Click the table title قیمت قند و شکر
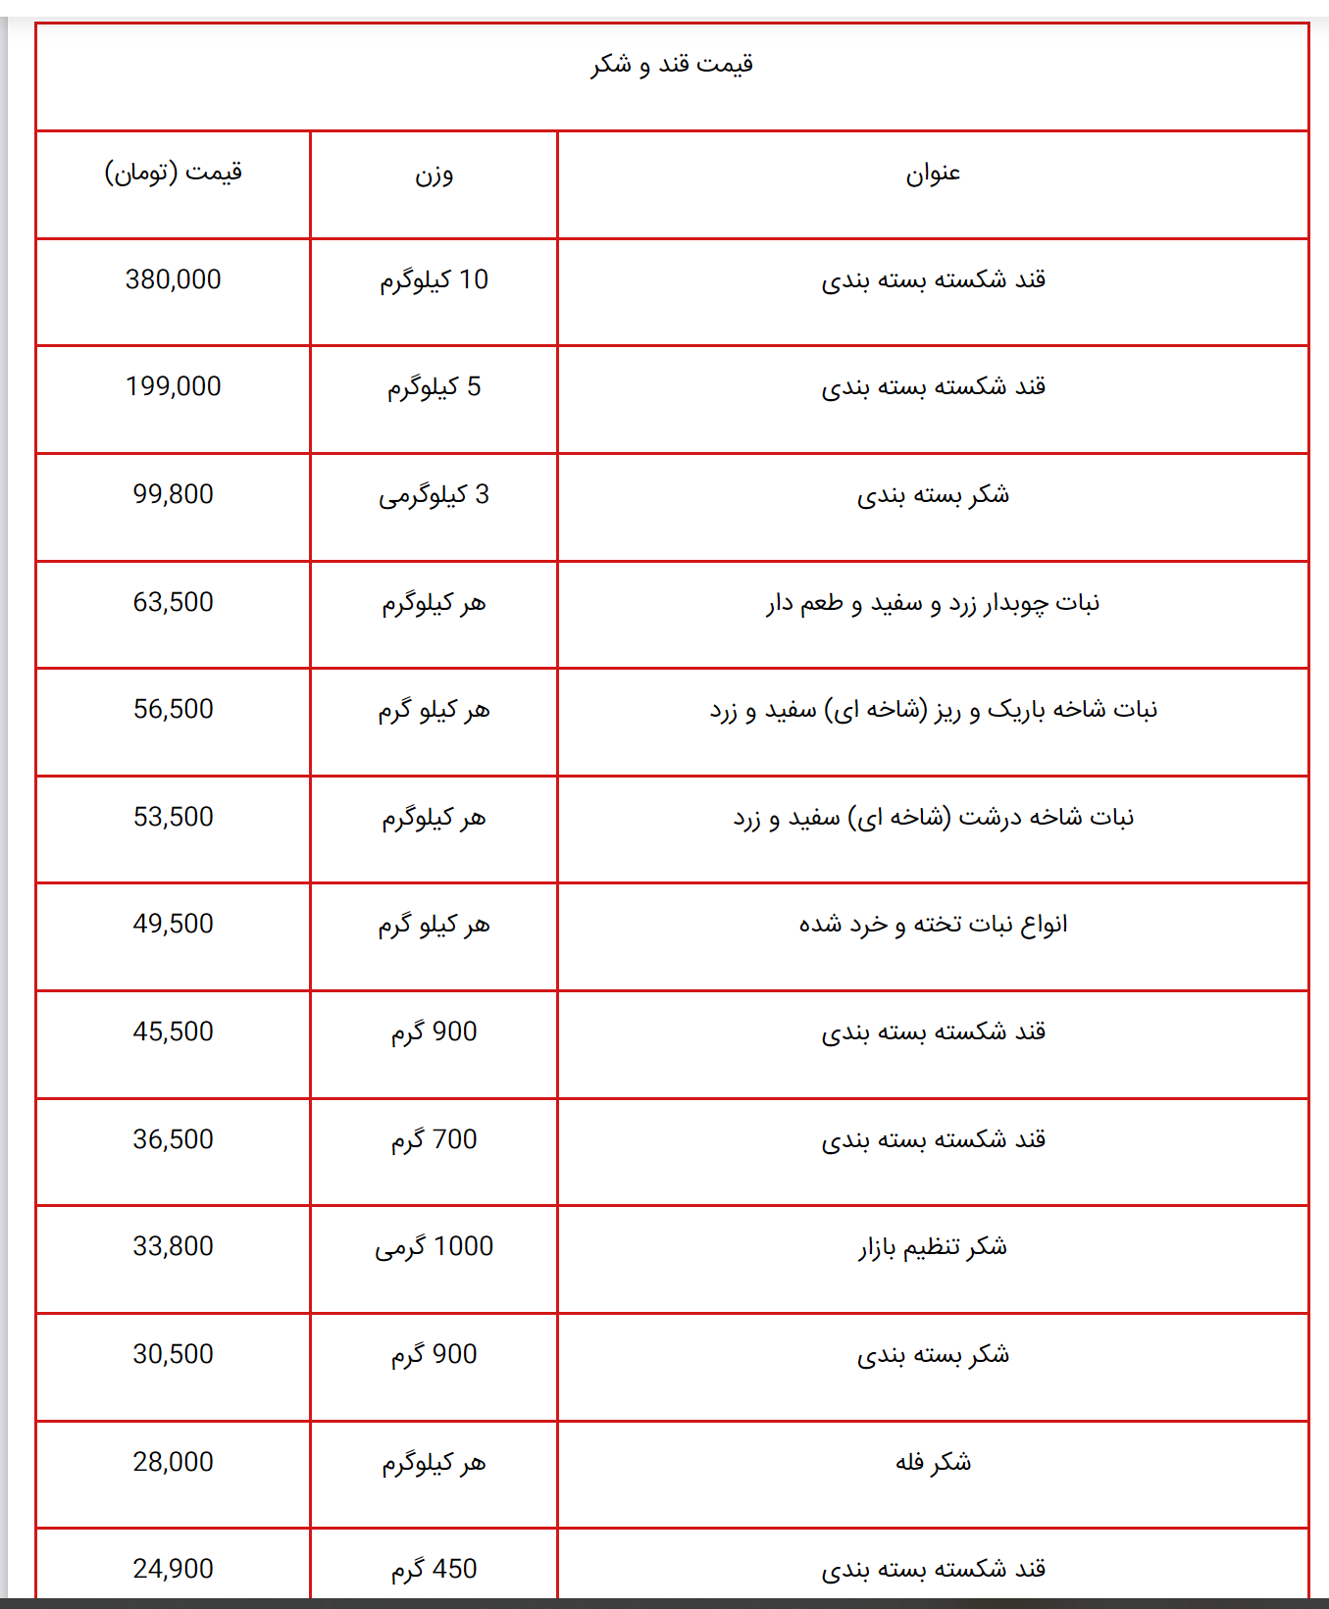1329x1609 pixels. (x=672, y=65)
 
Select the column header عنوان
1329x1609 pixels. (x=933, y=174)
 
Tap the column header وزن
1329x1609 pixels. (x=434, y=175)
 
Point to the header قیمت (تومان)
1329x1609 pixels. (x=174, y=173)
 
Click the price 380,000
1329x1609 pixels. (x=174, y=280)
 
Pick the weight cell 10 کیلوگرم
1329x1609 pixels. (x=434, y=280)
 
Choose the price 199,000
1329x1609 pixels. (x=174, y=387)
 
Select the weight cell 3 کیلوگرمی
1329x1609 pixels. (x=434, y=495)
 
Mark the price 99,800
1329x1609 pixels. (x=174, y=495)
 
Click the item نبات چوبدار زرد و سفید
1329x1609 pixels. (x=933, y=603)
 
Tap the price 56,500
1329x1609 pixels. (x=174, y=710)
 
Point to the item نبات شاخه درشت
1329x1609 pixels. (x=933, y=818)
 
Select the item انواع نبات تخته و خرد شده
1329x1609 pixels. (x=933, y=925)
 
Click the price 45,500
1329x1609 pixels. (x=174, y=1032)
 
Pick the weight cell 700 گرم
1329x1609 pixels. (x=434, y=1140)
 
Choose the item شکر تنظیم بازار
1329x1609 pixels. (x=933, y=1247)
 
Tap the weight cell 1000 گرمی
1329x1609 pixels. (x=434, y=1247)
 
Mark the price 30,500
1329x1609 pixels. (x=174, y=1355)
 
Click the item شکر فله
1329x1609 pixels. (x=933, y=1463)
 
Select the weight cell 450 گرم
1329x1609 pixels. (x=434, y=1570)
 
